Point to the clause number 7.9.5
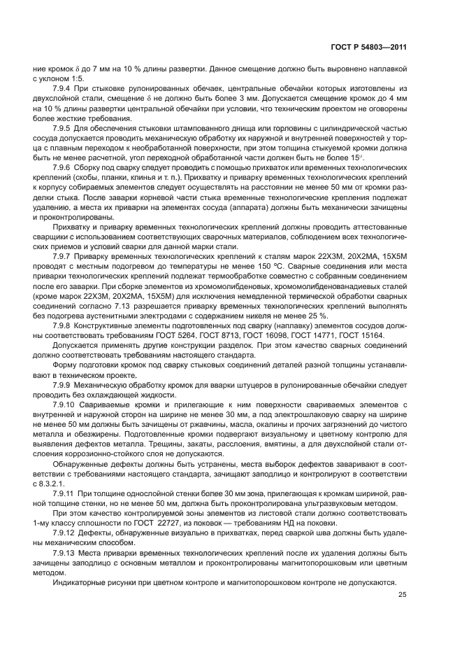pyautogui.click(x=64, y=129)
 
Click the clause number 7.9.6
pyautogui.click(x=64, y=169)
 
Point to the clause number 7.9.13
pyautogui.click(x=66, y=552)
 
